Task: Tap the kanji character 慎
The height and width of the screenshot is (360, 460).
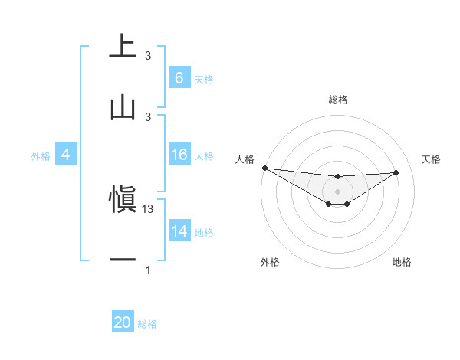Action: click(123, 201)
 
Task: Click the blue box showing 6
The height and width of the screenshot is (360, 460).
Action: click(179, 78)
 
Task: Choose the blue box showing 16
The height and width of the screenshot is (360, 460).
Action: click(179, 155)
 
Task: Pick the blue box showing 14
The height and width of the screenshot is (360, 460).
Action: click(179, 231)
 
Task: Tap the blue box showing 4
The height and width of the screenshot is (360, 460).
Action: click(65, 155)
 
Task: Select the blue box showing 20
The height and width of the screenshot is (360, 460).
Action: click(123, 323)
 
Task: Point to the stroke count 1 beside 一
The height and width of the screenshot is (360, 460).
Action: click(148, 270)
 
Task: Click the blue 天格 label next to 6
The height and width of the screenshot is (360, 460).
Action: click(204, 79)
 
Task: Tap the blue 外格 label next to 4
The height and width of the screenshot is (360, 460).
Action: click(41, 156)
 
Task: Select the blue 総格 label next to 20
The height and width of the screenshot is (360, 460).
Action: click(147, 324)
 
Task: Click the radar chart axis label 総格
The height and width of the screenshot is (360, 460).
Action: click(338, 100)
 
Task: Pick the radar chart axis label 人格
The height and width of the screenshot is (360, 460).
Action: click(245, 159)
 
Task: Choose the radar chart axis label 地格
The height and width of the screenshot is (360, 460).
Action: click(402, 263)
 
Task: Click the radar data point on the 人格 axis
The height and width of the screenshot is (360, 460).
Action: click(264, 168)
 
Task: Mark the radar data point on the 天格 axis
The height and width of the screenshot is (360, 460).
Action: click(396, 172)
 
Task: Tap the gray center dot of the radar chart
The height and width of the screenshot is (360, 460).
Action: click(337, 191)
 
